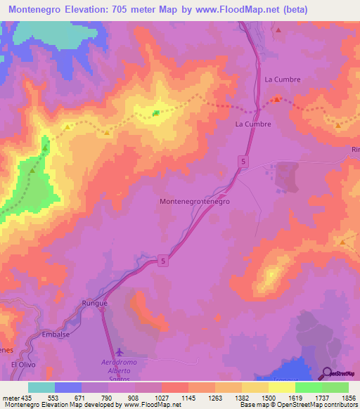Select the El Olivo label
[x=22, y=365]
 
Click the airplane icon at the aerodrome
[x=117, y=351]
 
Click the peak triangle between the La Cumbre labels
[x=277, y=99]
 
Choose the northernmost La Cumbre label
[x=282, y=79]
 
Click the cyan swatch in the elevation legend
[x=41, y=387]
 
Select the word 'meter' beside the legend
[x=11, y=397]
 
